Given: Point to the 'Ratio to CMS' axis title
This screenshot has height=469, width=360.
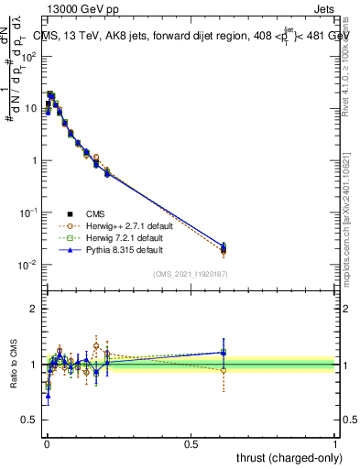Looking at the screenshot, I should [14, 364].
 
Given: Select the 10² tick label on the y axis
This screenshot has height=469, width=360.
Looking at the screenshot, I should [29, 56].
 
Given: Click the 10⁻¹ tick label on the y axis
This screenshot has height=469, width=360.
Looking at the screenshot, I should [29, 213].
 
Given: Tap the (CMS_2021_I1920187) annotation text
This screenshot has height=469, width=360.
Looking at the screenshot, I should [190, 273].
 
